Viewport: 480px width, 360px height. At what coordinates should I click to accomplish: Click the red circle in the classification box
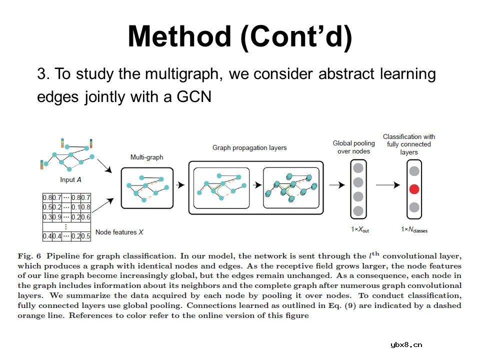[414, 189]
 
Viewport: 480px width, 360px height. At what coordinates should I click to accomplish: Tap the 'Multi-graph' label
[146, 157]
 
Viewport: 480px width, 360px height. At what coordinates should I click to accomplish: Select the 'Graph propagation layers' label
[249, 148]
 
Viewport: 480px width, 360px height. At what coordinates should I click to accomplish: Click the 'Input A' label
[70, 179]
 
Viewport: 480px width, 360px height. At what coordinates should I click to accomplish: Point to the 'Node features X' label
[119, 232]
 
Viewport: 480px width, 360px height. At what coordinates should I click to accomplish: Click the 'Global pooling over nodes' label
[353, 147]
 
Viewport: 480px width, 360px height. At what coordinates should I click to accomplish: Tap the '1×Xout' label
[360, 229]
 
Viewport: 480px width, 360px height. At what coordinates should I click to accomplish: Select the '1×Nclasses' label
[414, 229]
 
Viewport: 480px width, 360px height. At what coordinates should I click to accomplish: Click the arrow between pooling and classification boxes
[388, 185]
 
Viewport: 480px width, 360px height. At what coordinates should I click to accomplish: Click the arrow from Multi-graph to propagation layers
[180, 185]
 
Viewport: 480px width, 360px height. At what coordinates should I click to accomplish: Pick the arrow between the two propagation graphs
[257, 185]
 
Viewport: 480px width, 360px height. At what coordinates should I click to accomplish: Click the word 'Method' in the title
[179, 36]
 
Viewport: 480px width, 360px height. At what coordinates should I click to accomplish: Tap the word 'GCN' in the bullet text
[194, 96]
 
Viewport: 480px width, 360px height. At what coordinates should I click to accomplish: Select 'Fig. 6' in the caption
[29, 256]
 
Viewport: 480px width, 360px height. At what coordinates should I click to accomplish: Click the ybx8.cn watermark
[406, 345]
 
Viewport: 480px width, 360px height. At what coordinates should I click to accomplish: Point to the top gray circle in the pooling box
[358, 168]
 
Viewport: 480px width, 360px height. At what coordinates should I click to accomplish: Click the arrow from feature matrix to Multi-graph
[103, 205]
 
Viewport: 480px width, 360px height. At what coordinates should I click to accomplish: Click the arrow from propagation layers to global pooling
[337, 185]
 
